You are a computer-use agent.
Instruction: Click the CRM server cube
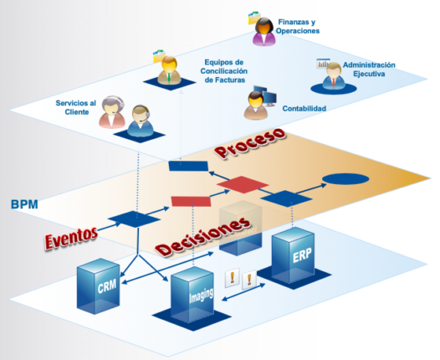99,285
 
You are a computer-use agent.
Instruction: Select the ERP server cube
294,255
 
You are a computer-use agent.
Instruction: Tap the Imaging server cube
192,295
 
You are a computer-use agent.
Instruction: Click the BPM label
24,204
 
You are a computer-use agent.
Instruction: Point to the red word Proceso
250,143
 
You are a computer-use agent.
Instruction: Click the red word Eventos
71,238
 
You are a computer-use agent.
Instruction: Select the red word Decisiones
202,236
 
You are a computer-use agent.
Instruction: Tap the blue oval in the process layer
345,179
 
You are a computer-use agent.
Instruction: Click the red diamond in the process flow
243,184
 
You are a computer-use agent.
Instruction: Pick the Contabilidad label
304,108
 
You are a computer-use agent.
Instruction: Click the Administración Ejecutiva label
369,69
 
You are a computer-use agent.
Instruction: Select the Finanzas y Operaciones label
298,27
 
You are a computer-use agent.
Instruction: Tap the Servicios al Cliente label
76,107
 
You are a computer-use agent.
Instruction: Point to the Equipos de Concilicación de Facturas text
224,71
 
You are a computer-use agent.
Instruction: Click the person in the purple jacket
264,32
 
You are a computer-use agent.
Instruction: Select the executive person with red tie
334,75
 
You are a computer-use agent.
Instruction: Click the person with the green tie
169,70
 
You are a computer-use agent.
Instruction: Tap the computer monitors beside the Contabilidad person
265,96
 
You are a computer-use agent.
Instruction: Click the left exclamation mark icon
233,278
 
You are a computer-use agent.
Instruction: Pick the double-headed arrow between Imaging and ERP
243,293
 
